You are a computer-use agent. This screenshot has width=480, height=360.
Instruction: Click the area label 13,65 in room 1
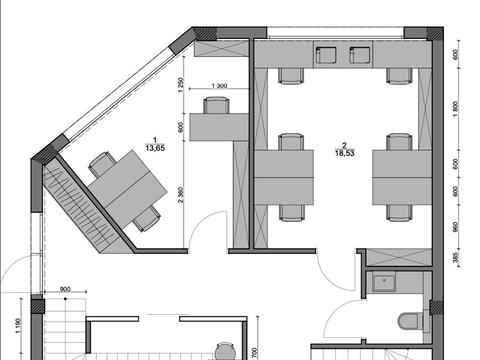[x=155, y=148]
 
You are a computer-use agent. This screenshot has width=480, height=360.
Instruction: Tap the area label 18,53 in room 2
[x=345, y=153]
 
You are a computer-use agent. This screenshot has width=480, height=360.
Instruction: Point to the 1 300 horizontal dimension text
[x=219, y=86]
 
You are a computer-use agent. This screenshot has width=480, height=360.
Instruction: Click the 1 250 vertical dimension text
[x=181, y=85]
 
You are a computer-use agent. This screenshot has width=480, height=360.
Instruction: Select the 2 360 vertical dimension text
[x=181, y=195]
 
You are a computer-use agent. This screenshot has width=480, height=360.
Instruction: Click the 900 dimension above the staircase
[x=65, y=289]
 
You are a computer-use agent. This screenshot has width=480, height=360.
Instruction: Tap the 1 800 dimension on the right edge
[x=456, y=109]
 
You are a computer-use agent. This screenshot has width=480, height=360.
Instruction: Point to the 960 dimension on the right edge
[x=456, y=227]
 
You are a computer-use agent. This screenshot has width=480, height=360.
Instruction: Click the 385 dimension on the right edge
[x=456, y=257]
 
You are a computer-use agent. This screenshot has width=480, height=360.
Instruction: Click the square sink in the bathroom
[x=384, y=282]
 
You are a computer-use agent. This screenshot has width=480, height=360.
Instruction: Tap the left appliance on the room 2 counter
[x=326, y=55]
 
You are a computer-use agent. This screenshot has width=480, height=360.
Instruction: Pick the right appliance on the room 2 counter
[x=360, y=55]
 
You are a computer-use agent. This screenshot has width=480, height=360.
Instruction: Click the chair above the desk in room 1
[x=216, y=105]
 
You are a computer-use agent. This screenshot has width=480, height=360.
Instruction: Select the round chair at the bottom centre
[x=225, y=352]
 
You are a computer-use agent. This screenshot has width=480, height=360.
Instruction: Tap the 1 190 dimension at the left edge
[x=18, y=326]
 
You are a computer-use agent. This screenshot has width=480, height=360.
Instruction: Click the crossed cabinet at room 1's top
[x=221, y=48]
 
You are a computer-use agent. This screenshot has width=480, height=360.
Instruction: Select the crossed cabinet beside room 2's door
[x=399, y=257]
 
